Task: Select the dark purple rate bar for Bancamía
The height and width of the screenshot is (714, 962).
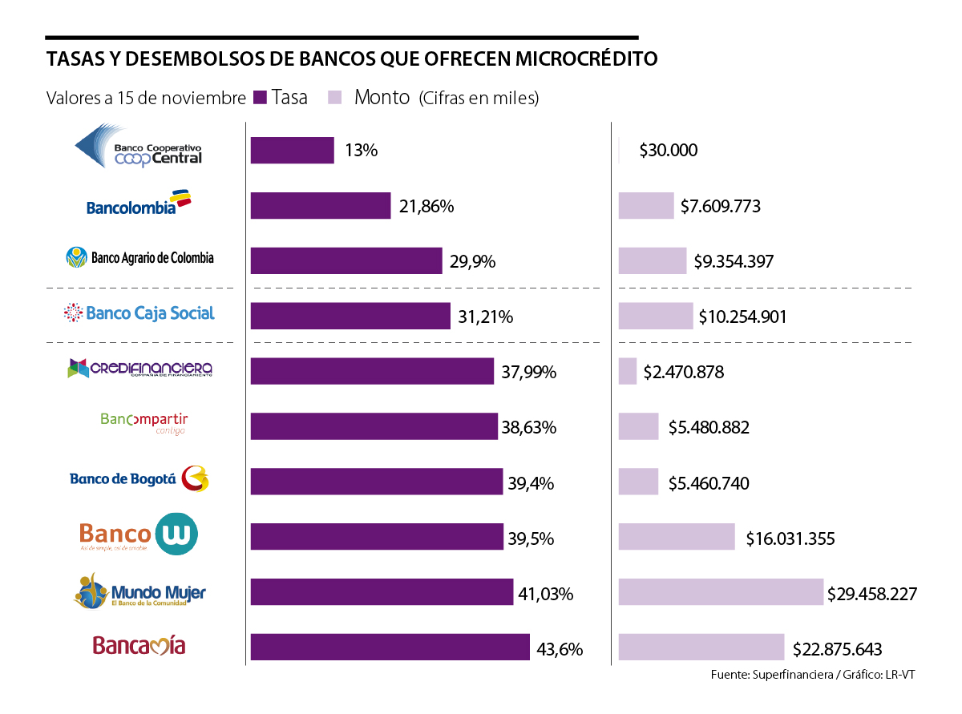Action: coord(390,647)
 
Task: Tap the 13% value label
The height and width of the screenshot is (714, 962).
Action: coord(361,151)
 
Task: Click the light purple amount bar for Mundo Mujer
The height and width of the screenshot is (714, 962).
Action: coord(721,592)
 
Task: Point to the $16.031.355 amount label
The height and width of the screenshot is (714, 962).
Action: coord(790,539)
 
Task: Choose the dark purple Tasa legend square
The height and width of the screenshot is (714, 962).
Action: coord(259,98)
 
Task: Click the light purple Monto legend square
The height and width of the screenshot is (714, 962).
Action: coord(336,98)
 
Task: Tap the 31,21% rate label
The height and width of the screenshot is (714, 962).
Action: coord(485,317)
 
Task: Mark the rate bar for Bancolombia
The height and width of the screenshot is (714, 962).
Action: coord(321,206)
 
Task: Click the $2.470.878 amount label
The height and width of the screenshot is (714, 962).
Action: coord(683,373)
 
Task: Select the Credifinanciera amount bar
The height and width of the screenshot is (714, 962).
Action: coord(628,371)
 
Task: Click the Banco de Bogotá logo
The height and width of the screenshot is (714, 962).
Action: coord(139,479)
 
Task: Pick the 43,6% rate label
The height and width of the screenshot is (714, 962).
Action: coord(559,649)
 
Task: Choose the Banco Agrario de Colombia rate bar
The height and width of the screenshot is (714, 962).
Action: coord(346,261)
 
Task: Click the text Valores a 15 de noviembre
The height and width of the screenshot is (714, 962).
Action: coord(146,99)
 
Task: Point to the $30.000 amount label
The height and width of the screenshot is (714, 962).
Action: coord(668,151)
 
